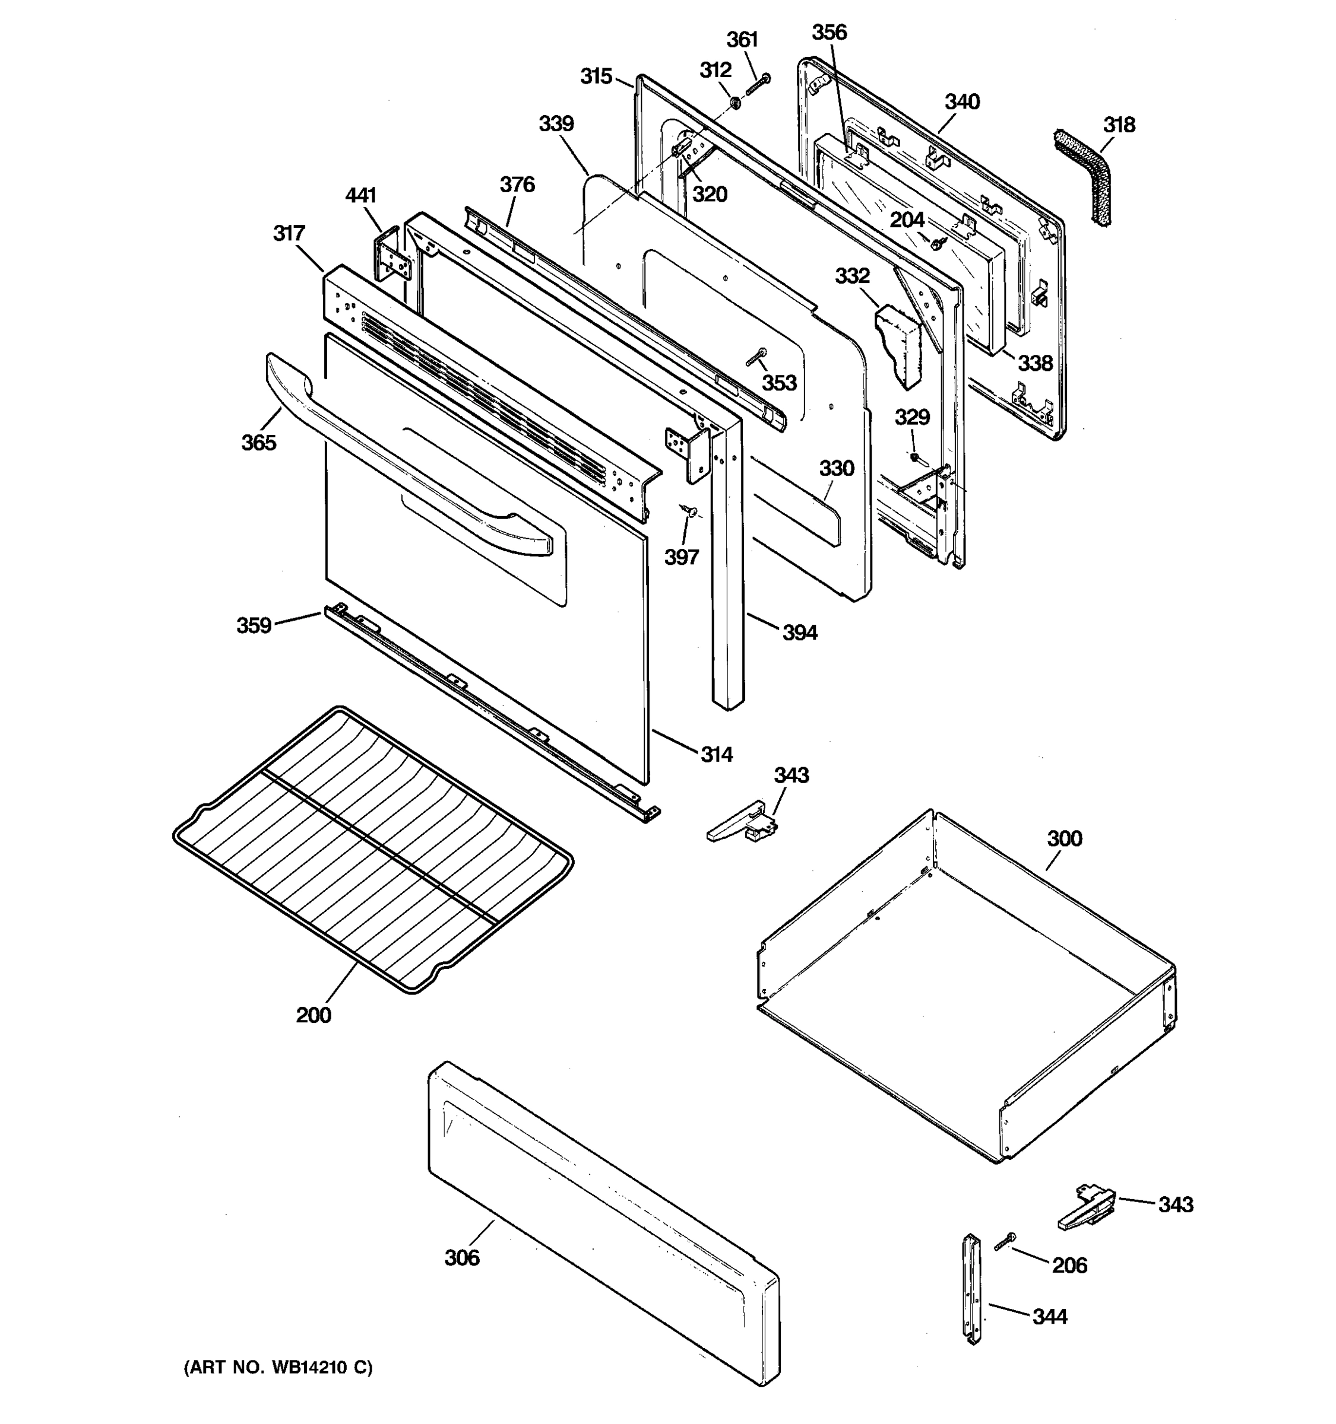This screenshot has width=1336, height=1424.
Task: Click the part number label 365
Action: coord(258,443)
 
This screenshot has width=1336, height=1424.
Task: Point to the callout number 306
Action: coord(461,1257)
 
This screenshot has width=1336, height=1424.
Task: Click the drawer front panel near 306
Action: coord(602,1218)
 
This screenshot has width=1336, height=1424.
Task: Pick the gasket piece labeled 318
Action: coord(1084,176)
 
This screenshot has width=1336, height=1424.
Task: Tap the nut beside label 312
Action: coord(735,104)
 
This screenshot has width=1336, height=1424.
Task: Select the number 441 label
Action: coord(360,195)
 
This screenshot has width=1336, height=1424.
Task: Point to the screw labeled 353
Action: coord(756,356)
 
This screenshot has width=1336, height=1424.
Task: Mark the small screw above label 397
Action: coord(689,511)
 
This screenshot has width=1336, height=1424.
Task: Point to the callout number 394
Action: coord(799,632)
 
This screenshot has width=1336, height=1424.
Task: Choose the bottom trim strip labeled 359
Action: coord(487,709)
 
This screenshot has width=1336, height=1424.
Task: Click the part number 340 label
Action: coord(961,101)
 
